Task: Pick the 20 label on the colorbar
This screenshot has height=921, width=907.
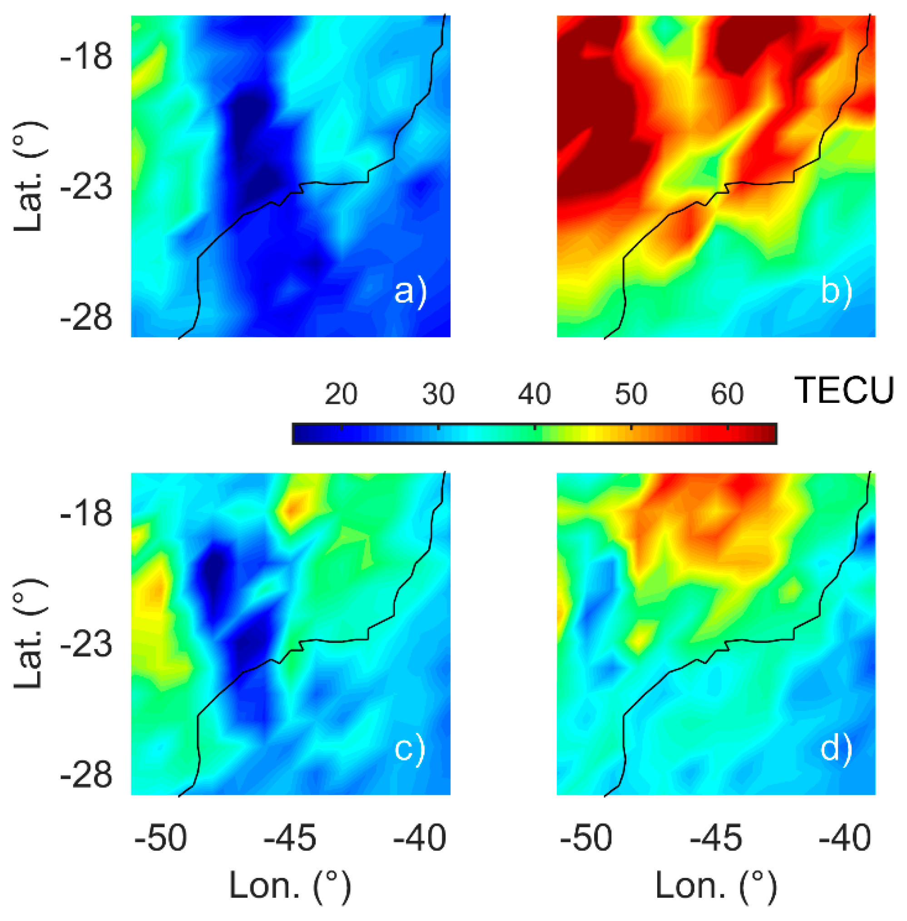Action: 341,394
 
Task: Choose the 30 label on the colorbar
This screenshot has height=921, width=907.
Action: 438,394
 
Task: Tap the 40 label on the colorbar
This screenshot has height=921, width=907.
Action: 535,394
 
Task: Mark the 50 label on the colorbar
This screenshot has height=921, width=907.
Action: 631,394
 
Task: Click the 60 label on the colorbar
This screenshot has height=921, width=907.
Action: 728,394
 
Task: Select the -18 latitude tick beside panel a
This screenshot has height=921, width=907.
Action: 86,56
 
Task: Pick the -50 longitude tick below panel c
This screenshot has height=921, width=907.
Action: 160,838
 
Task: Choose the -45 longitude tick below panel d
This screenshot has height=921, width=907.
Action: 716,838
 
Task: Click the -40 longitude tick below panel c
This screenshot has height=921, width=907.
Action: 420,838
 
